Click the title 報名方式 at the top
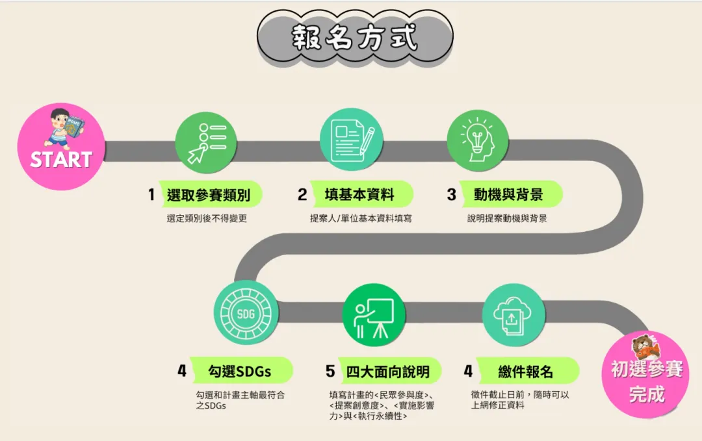(x=354, y=38)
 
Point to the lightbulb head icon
(x=477, y=138)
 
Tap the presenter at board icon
(x=374, y=315)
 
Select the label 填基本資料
(x=359, y=194)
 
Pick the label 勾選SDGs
(x=240, y=372)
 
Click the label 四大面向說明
(x=387, y=372)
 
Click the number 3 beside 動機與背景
(x=451, y=194)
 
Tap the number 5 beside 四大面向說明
(x=330, y=372)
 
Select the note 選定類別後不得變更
(x=207, y=219)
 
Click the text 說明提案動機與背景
(x=507, y=219)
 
